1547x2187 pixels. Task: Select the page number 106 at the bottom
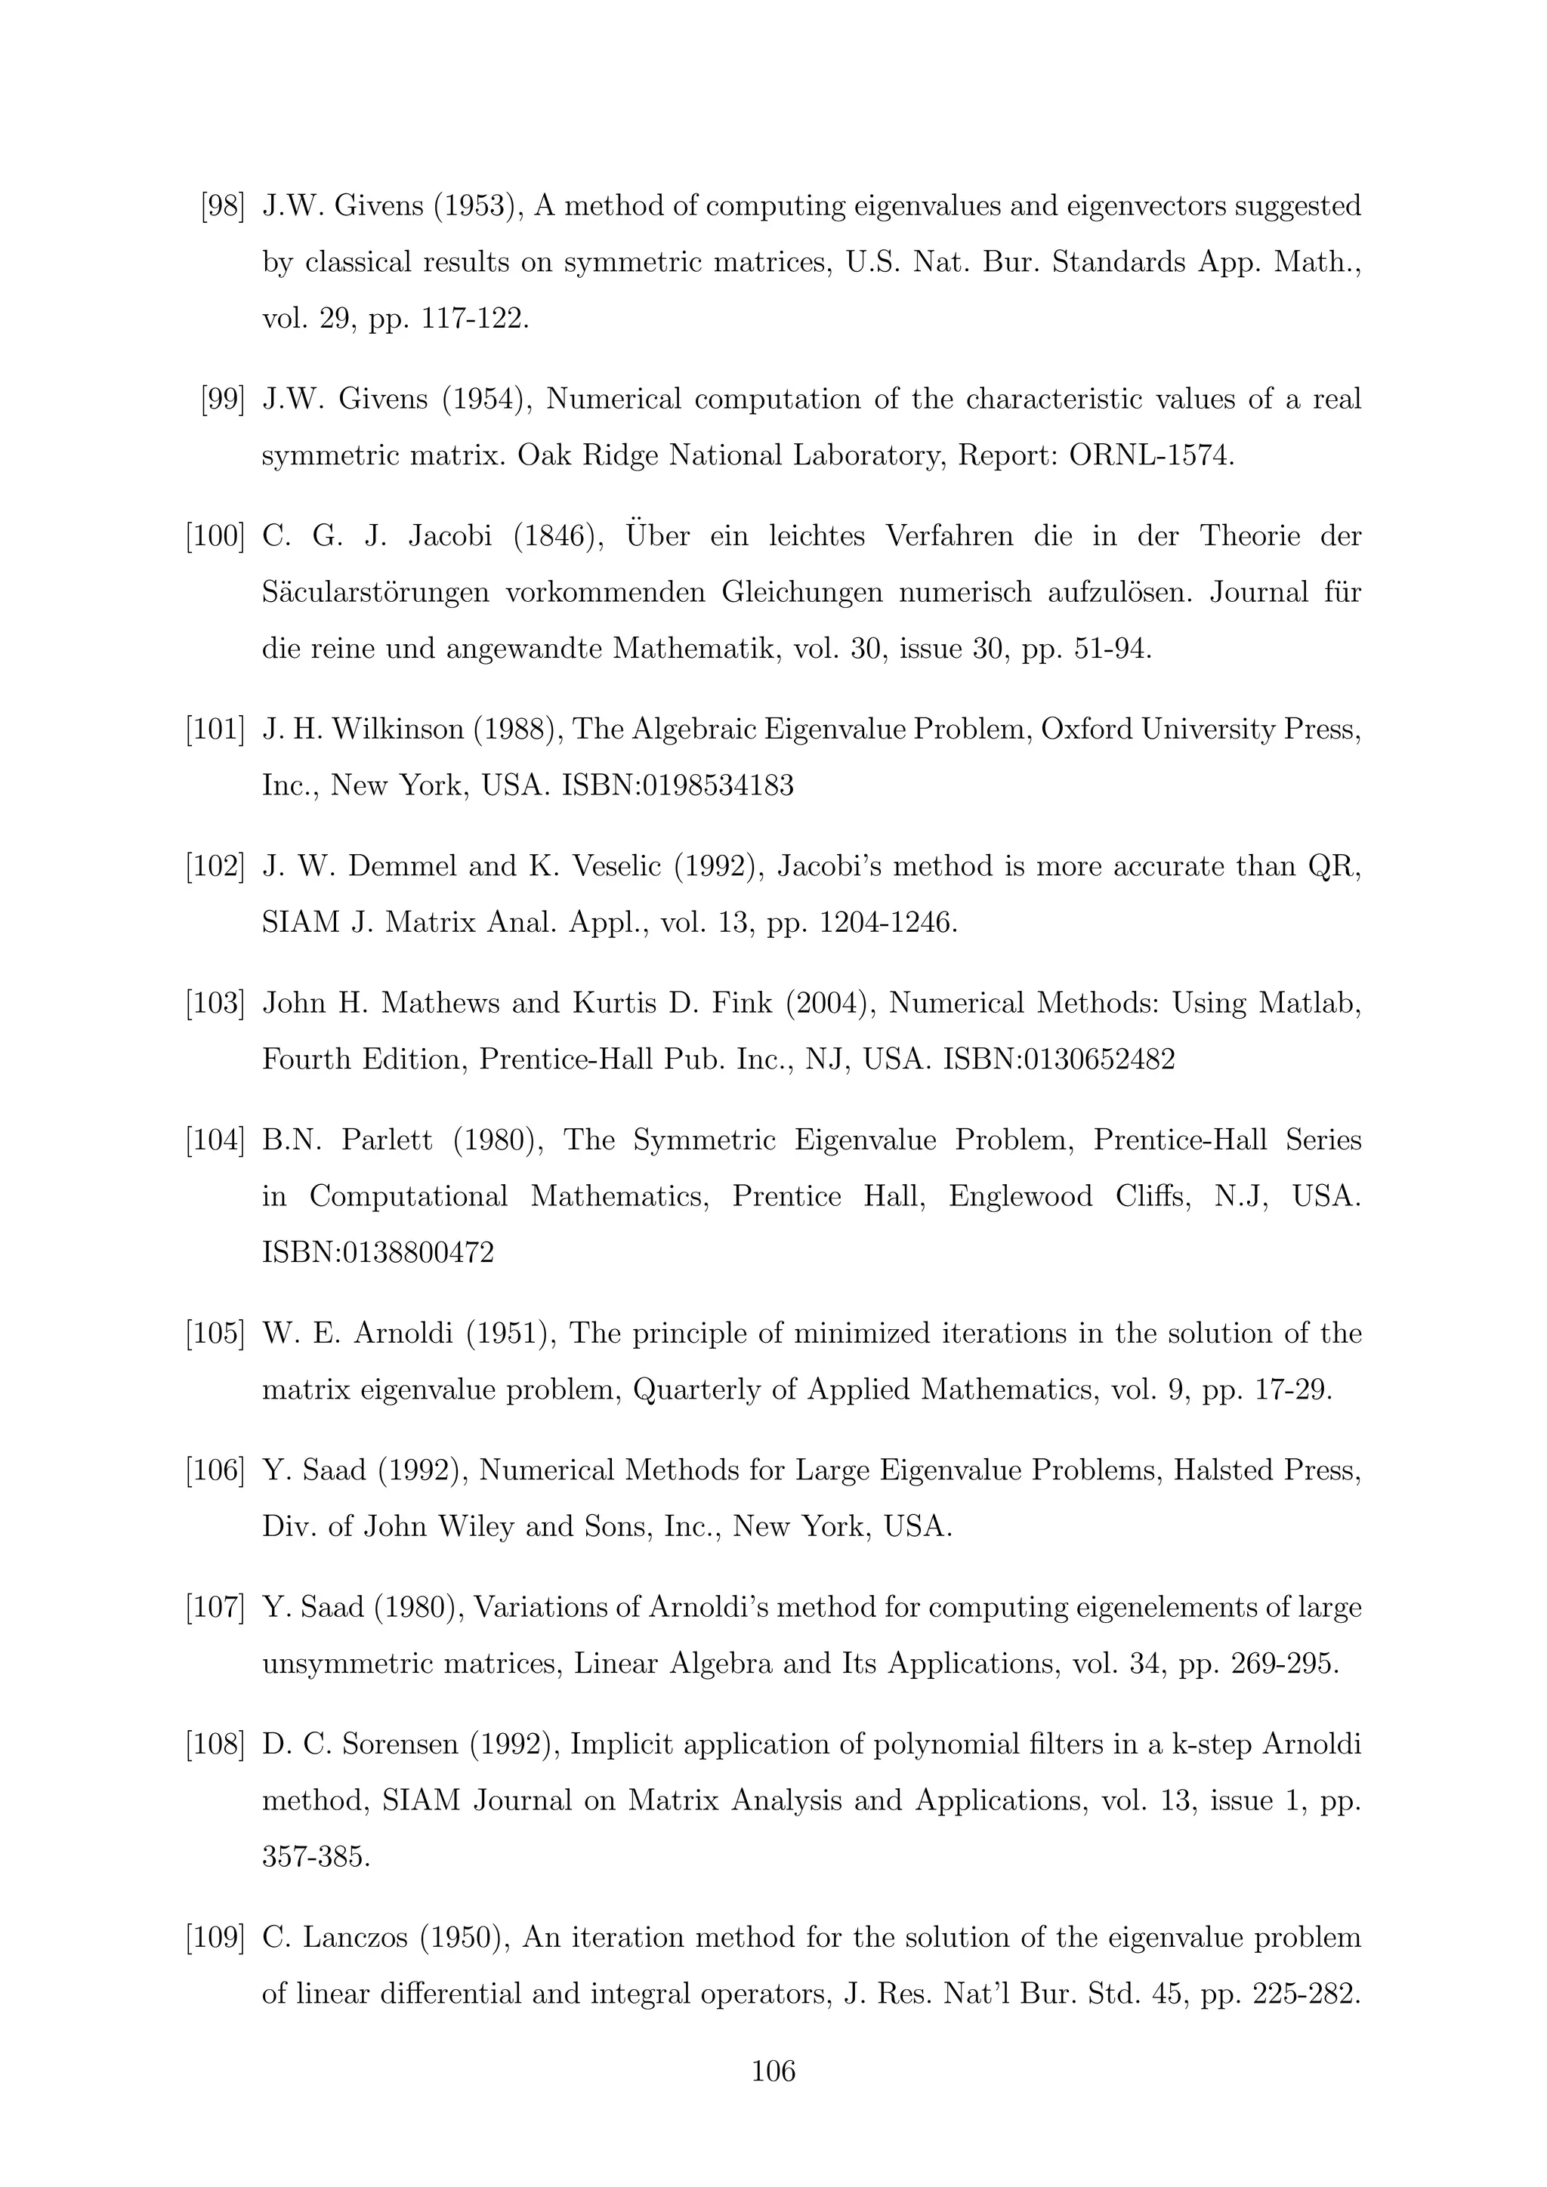tap(773, 2071)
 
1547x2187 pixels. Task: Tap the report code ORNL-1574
tap(1150, 455)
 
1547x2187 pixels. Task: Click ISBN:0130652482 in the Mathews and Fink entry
tap(1058, 1060)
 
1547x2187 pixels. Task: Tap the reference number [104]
tap(215, 1140)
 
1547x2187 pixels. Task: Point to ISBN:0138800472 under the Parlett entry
tap(378, 1251)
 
